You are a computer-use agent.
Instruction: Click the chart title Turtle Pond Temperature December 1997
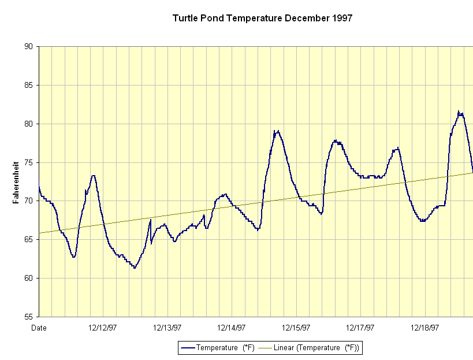click(x=262, y=18)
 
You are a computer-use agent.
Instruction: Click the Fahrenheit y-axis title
click(x=16, y=182)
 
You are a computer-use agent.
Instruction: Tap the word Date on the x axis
click(x=39, y=328)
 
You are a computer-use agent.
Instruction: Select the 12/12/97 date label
click(x=103, y=328)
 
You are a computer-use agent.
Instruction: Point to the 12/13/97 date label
click(x=167, y=328)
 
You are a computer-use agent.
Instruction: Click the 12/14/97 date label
click(x=232, y=328)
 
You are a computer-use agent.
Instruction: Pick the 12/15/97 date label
click(x=296, y=328)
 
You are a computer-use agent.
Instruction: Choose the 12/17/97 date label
click(x=360, y=328)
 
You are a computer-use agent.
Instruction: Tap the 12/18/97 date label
click(x=425, y=328)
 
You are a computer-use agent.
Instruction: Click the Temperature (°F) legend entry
click(x=217, y=347)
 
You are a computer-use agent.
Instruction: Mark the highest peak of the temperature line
click(x=459, y=112)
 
